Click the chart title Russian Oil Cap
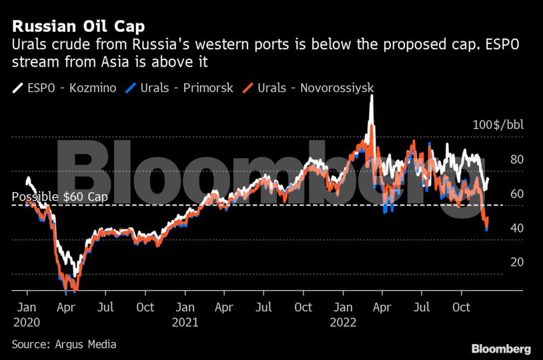(79, 27)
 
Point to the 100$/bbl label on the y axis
(498, 125)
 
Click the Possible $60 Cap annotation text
(59, 197)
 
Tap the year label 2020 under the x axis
(27, 321)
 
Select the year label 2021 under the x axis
(185, 321)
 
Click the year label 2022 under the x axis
(344, 321)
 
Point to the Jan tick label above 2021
(185, 307)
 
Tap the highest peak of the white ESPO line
(371, 96)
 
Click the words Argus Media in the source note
(86, 344)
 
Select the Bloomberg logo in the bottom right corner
(501, 349)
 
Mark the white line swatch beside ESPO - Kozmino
(17, 87)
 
